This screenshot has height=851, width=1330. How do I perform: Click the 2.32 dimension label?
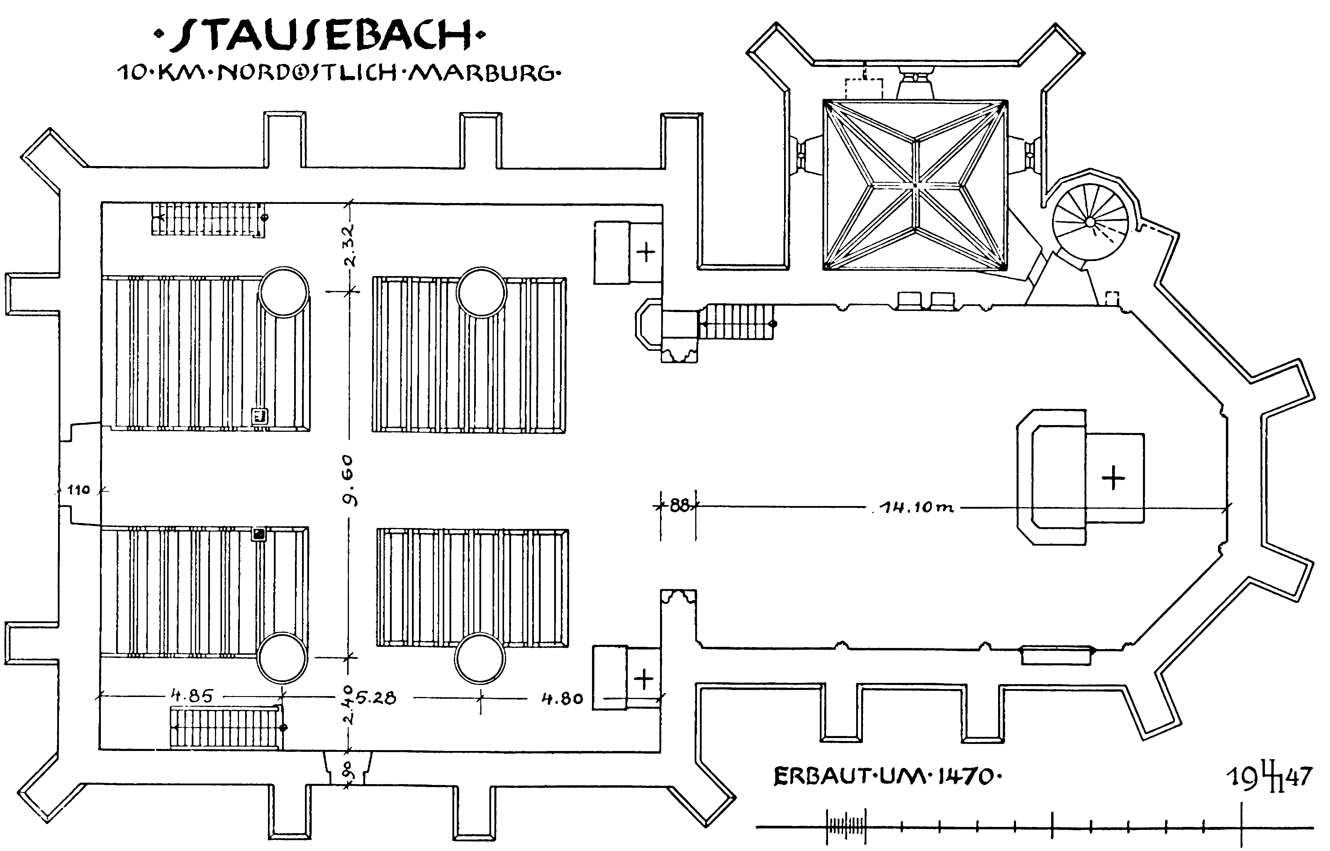click(349, 245)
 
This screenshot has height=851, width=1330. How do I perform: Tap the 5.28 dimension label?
click(376, 698)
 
